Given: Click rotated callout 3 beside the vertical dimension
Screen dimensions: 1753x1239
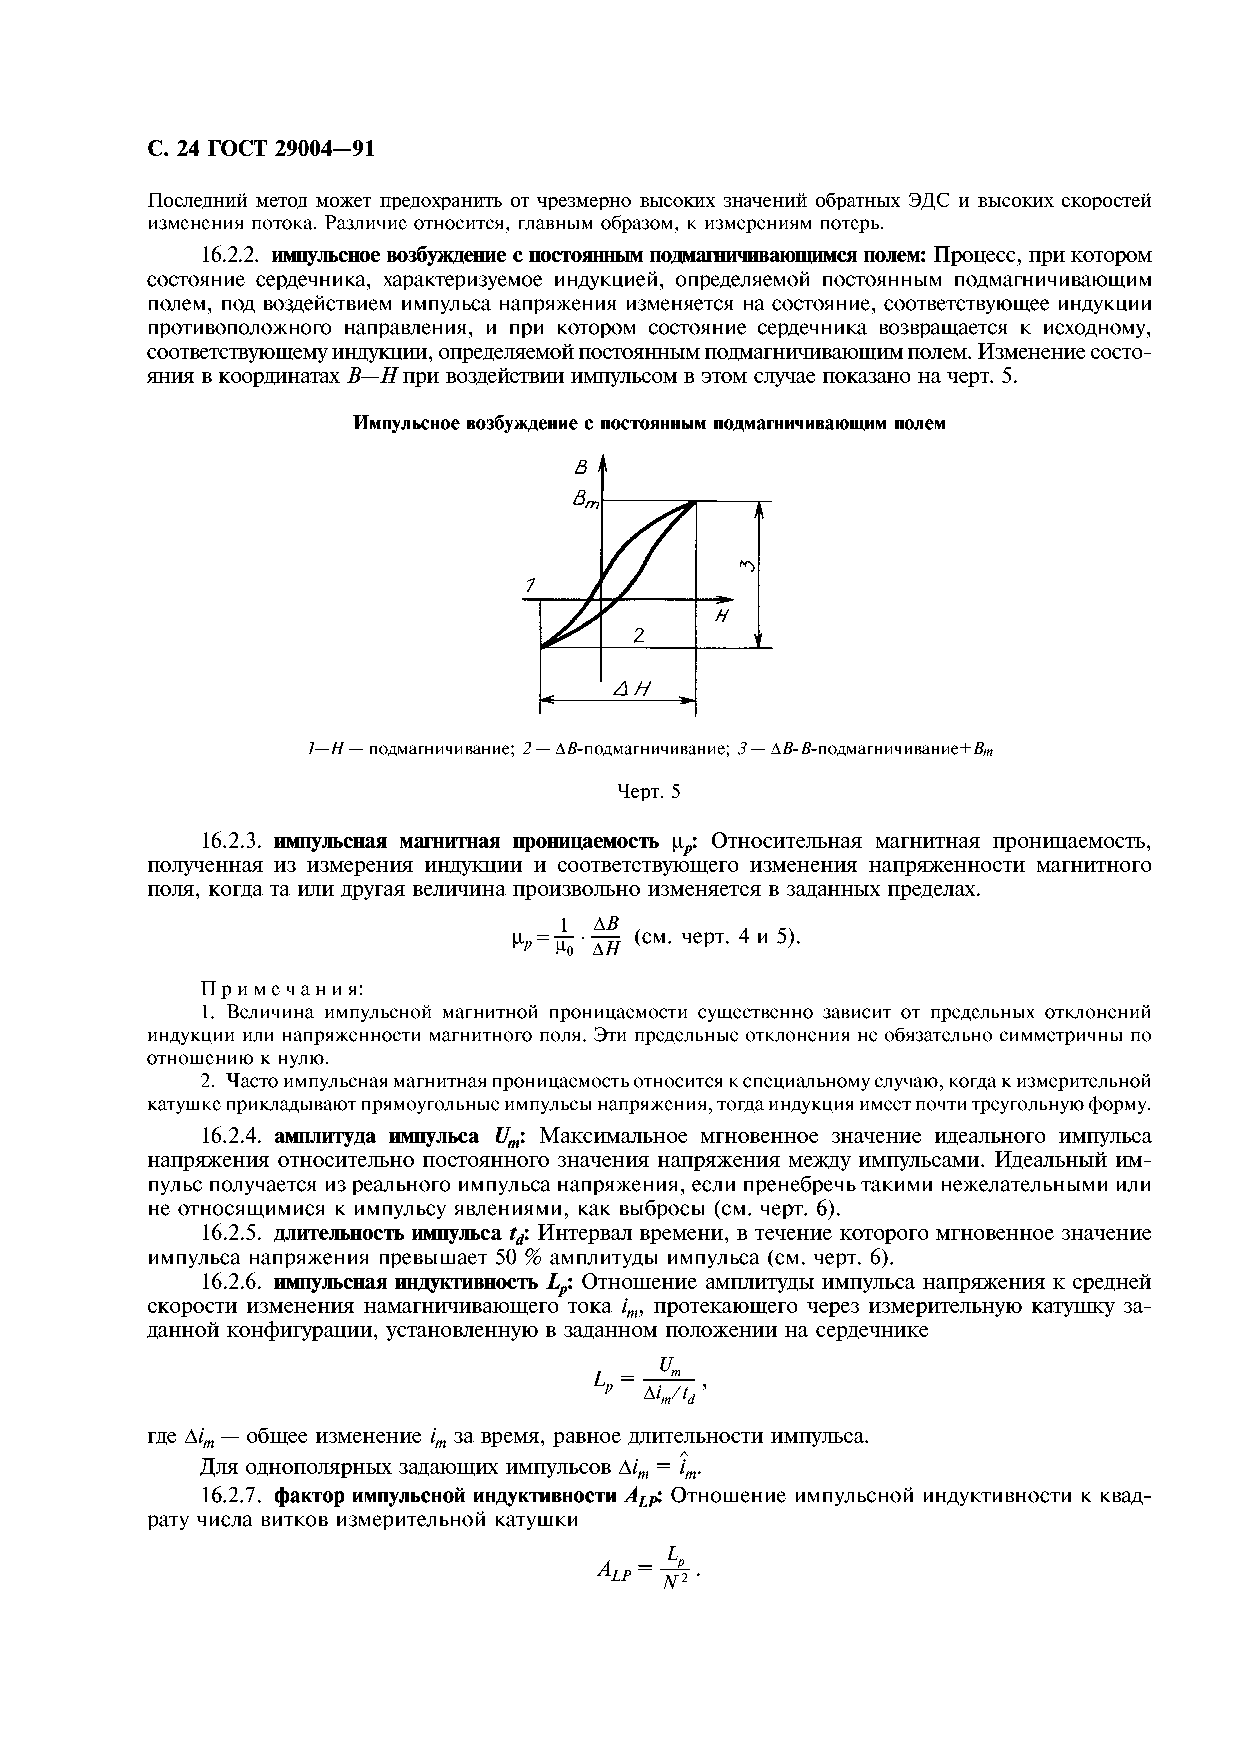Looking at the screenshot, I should click(x=747, y=566).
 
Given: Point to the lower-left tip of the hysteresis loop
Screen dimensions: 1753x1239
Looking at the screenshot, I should click(x=542, y=648).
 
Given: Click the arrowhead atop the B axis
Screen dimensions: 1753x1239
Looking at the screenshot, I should click(x=603, y=463).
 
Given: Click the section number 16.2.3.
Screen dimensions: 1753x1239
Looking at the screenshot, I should click(x=232, y=842).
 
